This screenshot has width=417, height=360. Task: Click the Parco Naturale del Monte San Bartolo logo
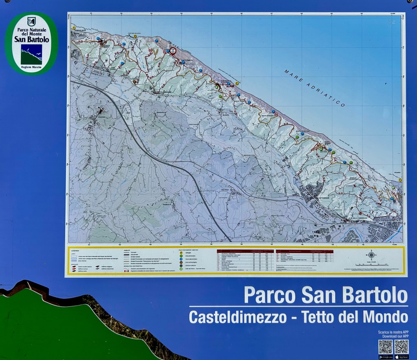pyautogui.click(x=31, y=44)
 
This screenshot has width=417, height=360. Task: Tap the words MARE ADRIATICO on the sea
pyautogui.click(x=314, y=87)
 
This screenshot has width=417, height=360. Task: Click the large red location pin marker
pyautogui.click(x=173, y=51)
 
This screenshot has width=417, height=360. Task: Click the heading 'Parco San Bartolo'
pyautogui.click(x=325, y=295)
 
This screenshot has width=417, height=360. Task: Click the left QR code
pyautogui.click(x=385, y=347)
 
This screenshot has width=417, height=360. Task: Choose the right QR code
pyautogui.click(x=401, y=347)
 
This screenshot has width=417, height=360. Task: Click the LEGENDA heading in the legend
pyautogui.click(x=75, y=250)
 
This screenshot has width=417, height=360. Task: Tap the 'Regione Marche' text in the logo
pyautogui.click(x=31, y=66)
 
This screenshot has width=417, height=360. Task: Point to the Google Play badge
pyautogui.click(x=385, y=357)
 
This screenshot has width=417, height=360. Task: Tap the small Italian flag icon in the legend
pyautogui.click(x=126, y=271)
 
